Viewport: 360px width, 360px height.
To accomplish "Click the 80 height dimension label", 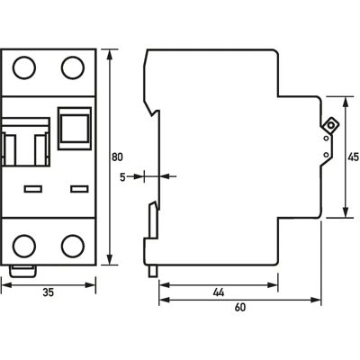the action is (117, 157).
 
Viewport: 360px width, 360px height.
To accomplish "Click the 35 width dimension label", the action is (49, 292).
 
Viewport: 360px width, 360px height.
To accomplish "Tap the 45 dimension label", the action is (353, 157).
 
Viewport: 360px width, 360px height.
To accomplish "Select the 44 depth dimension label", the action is (219, 292).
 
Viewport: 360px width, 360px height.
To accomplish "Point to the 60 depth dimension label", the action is (240, 307).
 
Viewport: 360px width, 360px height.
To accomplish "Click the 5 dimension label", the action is (122, 177).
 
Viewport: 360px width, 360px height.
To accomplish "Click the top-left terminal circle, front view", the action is (24, 67).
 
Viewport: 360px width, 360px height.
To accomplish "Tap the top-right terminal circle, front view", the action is (73, 67).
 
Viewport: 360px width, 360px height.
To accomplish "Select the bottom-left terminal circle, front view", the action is (24, 246).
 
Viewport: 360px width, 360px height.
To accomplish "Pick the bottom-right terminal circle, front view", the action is (73, 246).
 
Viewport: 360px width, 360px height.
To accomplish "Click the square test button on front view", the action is (75, 129).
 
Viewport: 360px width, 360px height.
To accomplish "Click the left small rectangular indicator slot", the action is (33, 189).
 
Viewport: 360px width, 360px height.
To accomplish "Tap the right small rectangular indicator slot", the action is (79, 189).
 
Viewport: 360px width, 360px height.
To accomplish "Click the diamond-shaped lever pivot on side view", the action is (330, 125).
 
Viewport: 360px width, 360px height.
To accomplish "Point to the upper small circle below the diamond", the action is (326, 139).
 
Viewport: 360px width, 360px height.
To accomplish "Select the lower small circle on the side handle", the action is (326, 155).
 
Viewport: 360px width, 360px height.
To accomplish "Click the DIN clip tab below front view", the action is (22, 271).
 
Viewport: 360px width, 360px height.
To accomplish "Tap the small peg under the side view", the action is (153, 271).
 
